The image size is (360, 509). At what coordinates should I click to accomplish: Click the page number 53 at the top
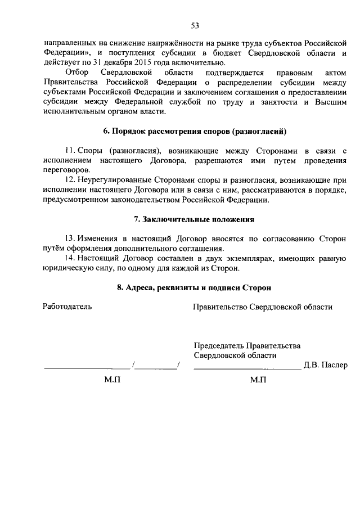195,25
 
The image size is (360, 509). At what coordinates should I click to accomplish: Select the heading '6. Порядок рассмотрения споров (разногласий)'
195,132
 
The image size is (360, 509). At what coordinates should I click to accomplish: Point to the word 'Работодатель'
67,307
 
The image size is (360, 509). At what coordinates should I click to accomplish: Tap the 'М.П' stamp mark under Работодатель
112,380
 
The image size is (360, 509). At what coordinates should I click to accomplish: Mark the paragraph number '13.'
70,238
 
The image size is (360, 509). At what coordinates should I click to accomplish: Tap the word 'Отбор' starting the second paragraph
76,73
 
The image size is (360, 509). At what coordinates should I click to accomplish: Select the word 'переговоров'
65,169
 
